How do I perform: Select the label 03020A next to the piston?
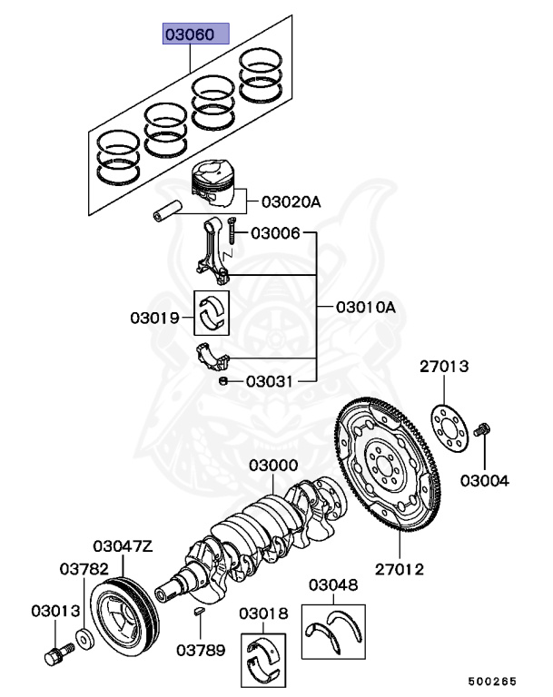[x=291, y=202]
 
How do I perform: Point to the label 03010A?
[x=366, y=308]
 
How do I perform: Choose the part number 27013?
[x=444, y=367]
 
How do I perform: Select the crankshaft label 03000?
[x=273, y=466]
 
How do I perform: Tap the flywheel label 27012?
[x=400, y=570]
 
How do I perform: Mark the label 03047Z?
[x=123, y=546]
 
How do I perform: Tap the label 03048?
[x=332, y=586]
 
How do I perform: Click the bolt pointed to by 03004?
[x=483, y=427]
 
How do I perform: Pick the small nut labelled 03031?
[x=224, y=382]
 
